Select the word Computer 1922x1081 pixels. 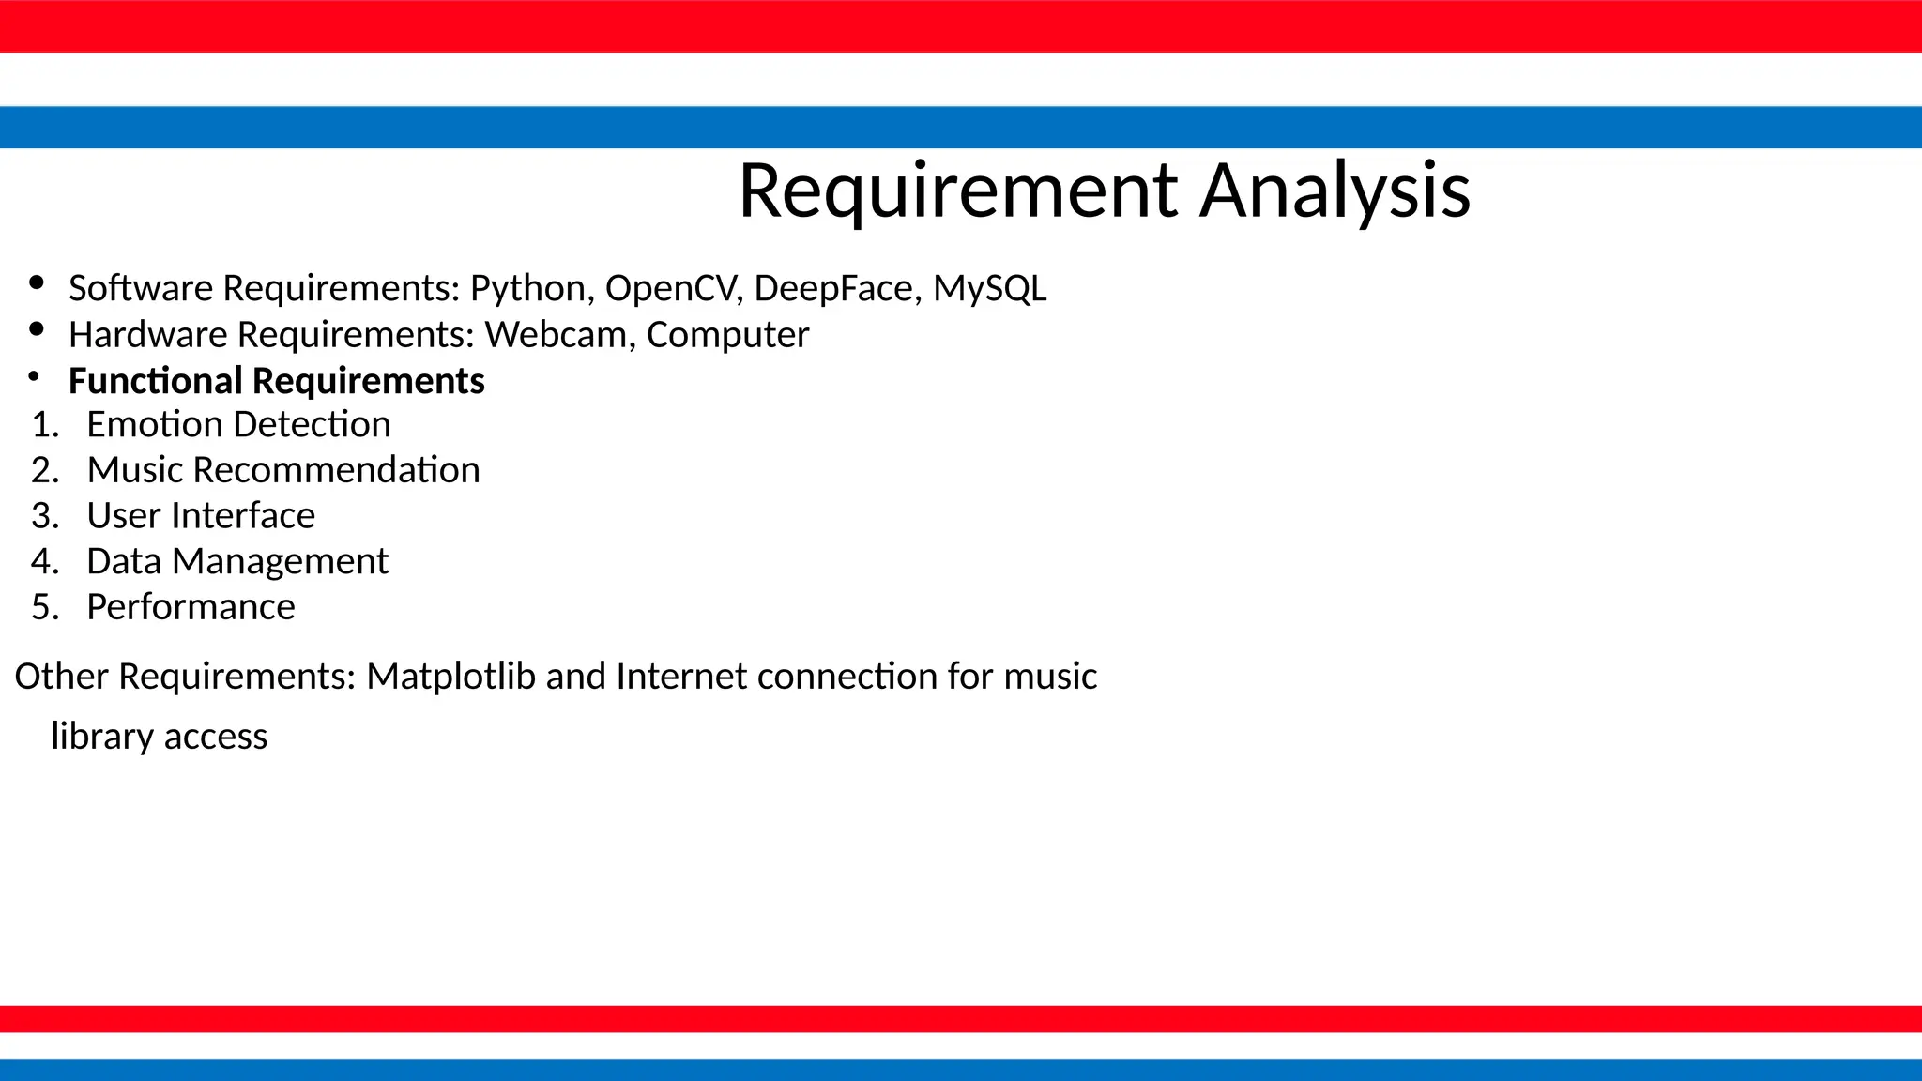click(x=727, y=335)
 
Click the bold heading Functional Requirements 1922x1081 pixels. click(x=276, y=381)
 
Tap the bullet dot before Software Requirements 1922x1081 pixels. click(x=37, y=282)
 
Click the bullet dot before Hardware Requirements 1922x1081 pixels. click(x=37, y=328)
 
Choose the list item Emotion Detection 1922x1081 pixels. click(x=238, y=425)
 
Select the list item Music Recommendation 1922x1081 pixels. click(x=282, y=470)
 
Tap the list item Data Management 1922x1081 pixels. click(x=236, y=562)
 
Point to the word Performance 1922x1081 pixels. click(x=191, y=607)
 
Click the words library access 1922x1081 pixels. click(x=159, y=737)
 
